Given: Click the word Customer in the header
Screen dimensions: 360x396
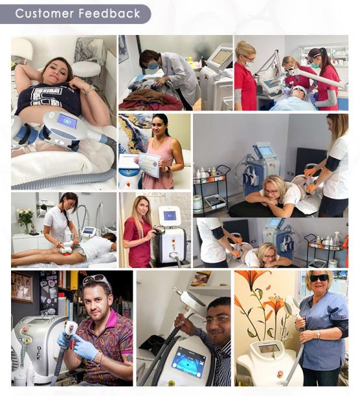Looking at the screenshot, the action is click(x=44, y=14).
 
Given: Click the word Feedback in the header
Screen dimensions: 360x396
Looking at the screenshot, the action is click(x=109, y=14).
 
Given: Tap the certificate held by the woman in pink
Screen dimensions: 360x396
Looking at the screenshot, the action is click(x=149, y=165).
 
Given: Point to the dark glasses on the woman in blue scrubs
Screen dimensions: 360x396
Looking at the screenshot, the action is click(x=319, y=278).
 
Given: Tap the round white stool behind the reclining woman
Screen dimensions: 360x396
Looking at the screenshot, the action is click(x=86, y=69).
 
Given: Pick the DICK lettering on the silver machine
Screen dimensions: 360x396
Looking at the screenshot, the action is click(x=39, y=352).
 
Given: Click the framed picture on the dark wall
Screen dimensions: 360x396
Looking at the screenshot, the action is click(x=22, y=287).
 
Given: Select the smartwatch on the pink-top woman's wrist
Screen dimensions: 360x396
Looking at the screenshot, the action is click(x=168, y=169).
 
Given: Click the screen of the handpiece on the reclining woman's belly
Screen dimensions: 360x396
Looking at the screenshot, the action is click(x=67, y=121).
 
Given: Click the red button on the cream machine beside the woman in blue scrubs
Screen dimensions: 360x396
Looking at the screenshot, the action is click(x=280, y=373).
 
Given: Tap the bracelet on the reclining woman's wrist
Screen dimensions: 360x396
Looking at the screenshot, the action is click(x=90, y=90).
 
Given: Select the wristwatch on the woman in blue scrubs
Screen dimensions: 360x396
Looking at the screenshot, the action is click(x=318, y=334).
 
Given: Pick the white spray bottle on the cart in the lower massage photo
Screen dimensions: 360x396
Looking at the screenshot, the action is click(x=337, y=238).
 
